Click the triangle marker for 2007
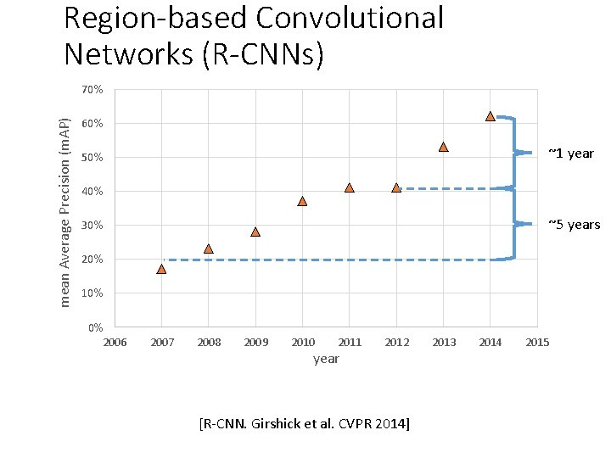[x=161, y=269]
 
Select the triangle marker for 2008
[x=209, y=249]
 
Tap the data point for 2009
[x=255, y=232]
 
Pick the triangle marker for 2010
[x=302, y=201]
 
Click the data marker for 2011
[x=349, y=187]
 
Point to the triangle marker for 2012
[x=396, y=187]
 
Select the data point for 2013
[x=443, y=147]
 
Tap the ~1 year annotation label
[x=570, y=154]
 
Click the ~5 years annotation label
[x=574, y=225]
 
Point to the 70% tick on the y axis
[x=92, y=90]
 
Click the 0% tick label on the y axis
[x=95, y=327]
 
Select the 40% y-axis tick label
[x=92, y=192]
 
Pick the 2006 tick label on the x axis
[x=115, y=342]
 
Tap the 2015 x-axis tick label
[x=537, y=342]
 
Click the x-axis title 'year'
[x=326, y=359]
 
